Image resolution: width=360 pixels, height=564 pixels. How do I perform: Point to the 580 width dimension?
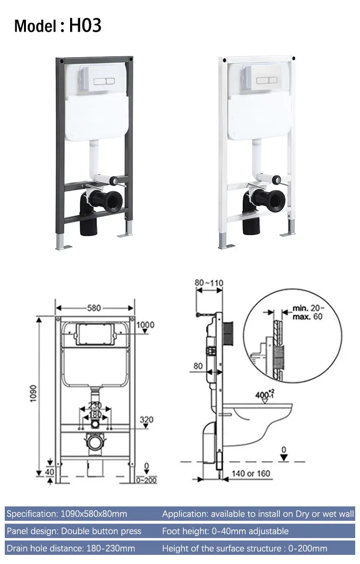pyautogui.click(x=95, y=308)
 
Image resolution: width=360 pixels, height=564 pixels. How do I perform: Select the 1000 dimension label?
pyautogui.click(x=145, y=325)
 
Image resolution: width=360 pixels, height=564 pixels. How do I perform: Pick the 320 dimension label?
pyautogui.click(x=146, y=420)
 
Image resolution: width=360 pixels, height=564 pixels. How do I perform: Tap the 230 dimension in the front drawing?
pyautogui.click(x=95, y=406)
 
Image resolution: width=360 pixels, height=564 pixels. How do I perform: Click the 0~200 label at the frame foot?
pyautogui.click(x=146, y=480)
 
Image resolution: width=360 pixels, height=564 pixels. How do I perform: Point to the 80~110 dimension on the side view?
pyautogui.click(x=209, y=283)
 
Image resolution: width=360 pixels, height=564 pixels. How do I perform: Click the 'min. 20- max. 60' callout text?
pyautogui.click(x=308, y=312)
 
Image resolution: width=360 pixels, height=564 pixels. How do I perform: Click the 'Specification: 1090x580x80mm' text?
pyautogui.click(x=67, y=514)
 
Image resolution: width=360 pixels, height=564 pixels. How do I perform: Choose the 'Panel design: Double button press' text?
pyautogui.click(x=74, y=531)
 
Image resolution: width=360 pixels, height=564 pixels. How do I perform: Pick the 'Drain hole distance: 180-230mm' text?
pyautogui.click(x=71, y=548)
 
